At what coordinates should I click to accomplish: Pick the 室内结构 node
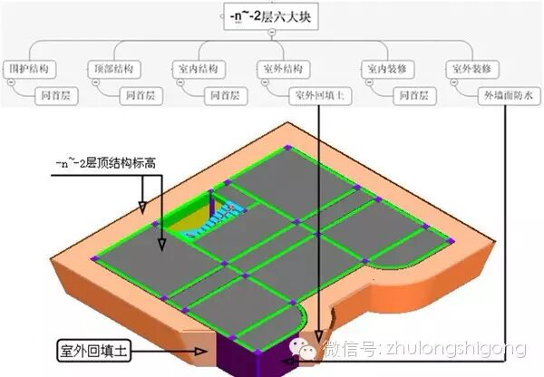[194, 68]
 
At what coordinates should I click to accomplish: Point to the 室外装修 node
[470, 68]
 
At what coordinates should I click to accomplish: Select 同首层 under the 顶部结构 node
[141, 93]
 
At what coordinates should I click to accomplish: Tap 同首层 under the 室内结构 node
[224, 93]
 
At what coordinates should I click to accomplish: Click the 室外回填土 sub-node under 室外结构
[322, 93]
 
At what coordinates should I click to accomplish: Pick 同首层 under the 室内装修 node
[418, 93]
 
